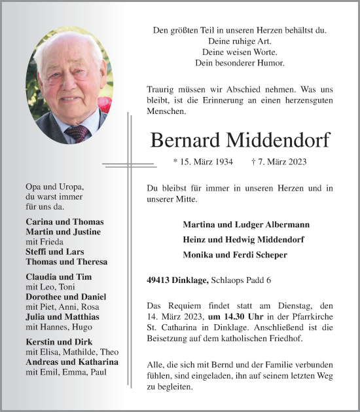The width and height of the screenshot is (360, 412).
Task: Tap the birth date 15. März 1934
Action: point(204,161)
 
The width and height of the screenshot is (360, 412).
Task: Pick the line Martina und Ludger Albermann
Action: point(246,225)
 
